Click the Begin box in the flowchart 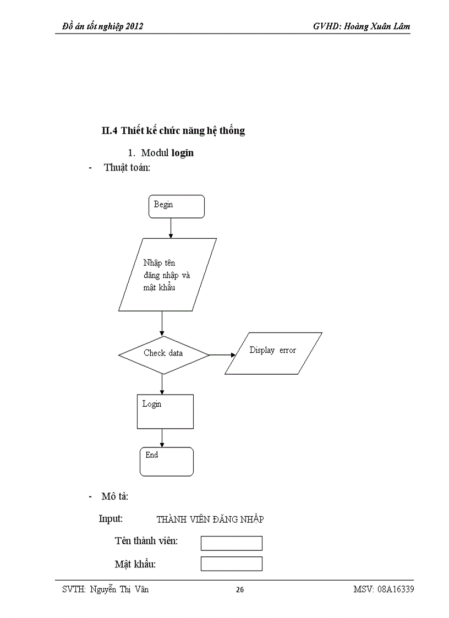(176, 206)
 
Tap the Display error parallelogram (273, 353)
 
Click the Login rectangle (165, 412)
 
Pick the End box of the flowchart (166, 462)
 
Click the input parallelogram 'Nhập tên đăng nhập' (167, 275)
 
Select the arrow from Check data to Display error (222, 355)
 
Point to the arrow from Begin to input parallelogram (171, 228)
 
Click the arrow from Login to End (162, 438)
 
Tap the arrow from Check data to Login (162, 384)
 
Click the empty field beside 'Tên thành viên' (231, 543)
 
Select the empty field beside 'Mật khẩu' (231, 564)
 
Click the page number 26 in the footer (240, 590)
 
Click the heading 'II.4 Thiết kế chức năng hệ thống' (173, 131)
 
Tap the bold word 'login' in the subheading (182, 153)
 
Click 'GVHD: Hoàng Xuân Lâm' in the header (361, 26)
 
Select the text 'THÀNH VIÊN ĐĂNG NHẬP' (210, 519)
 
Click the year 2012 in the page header (133, 26)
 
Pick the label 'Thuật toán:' (127, 168)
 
